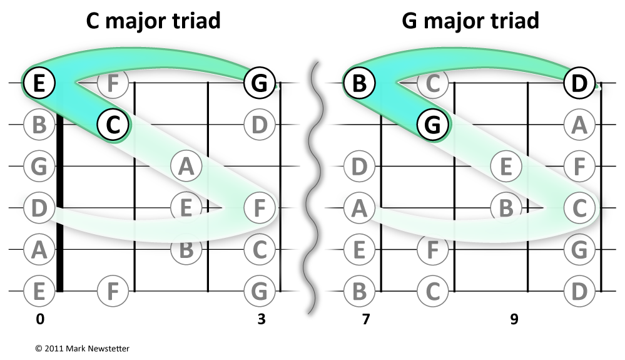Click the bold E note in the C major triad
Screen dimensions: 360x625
(39, 82)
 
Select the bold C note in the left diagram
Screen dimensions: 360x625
(113, 125)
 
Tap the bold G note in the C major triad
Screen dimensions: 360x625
(259, 82)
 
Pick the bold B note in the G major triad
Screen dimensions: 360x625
(359, 82)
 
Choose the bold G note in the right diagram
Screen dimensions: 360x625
(433, 125)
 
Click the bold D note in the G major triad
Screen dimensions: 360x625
(579, 82)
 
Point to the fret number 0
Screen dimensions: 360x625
(40, 319)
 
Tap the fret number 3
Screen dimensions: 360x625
(261, 319)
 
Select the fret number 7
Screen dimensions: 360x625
(365, 319)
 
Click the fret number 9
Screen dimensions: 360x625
(514, 319)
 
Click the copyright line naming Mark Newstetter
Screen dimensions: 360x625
(82, 348)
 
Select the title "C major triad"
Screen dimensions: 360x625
(153, 21)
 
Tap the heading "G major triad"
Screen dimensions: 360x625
(470, 21)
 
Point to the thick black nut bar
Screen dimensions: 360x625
(60, 200)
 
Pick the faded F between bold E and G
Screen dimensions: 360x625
(113, 82)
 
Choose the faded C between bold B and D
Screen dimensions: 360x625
(433, 82)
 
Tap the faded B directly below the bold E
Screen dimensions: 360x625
(39, 125)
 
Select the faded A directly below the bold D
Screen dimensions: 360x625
(579, 125)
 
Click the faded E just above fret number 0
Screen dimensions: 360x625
(39, 291)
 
